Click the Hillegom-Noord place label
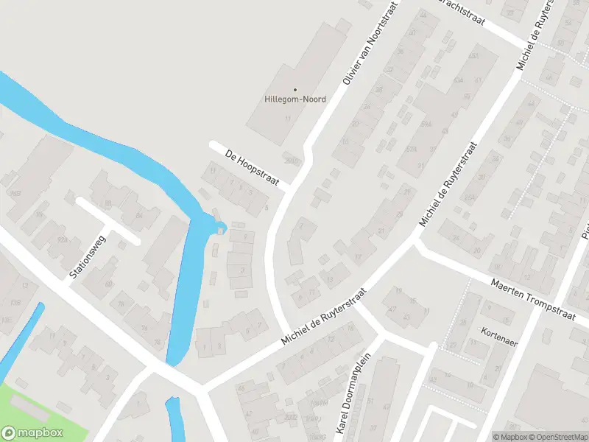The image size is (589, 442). (x=294, y=99)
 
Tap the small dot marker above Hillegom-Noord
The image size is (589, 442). (x=294, y=90)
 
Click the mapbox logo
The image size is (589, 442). (x=32, y=433)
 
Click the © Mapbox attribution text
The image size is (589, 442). (x=509, y=437)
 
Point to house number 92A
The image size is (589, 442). (x=63, y=239)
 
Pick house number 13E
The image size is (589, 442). (x=7, y=320)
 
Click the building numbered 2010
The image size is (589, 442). (x=293, y=161)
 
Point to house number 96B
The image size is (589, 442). (x=14, y=193)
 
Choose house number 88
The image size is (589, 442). (x=108, y=203)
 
